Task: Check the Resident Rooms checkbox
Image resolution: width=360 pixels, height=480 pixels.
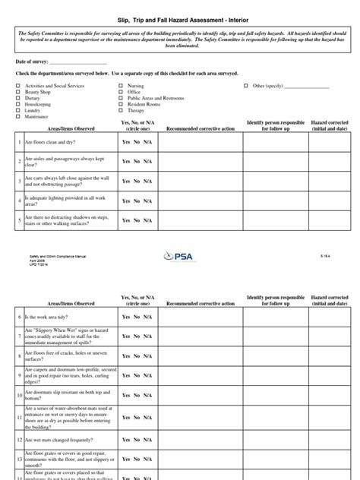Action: pos(120,105)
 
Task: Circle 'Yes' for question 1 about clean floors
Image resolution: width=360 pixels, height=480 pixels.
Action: pos(126,142)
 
